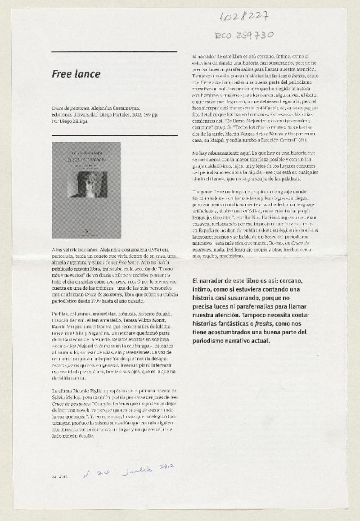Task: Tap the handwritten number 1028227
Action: click(244, 17)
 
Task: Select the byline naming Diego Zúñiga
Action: click(70, 121)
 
